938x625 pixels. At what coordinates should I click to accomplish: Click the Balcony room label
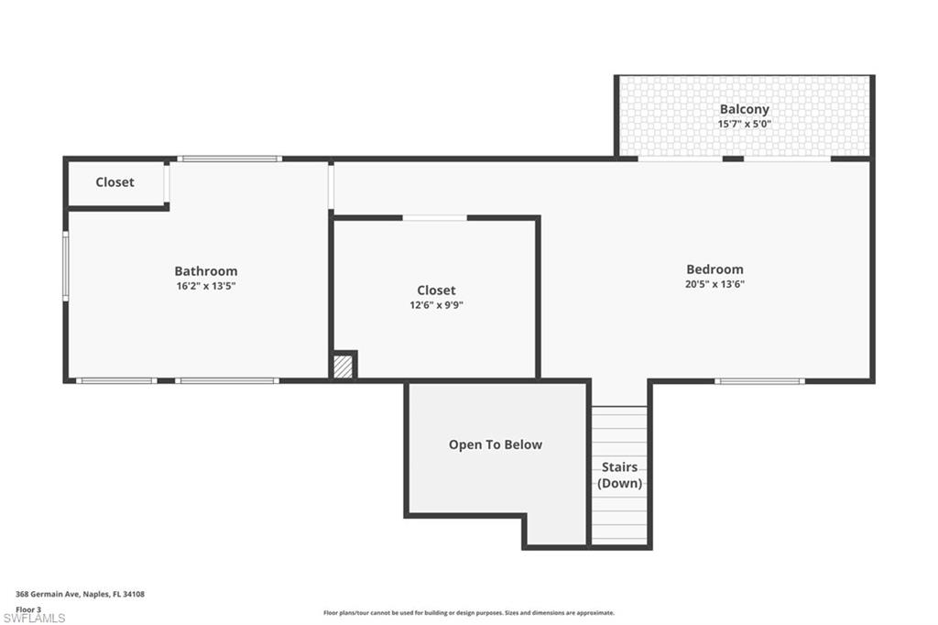(x=744, y=109)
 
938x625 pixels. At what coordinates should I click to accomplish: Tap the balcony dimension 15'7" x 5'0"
(x=744, y=124)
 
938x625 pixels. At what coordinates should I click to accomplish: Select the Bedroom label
(x=714, y=269)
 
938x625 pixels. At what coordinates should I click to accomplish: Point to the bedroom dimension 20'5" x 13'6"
(x=714, y=284)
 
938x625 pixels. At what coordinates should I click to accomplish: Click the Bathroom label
(x=205, y=271)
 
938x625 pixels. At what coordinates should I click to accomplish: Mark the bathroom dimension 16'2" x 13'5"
(x=205, y=286)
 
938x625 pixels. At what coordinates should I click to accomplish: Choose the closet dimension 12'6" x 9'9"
(x=436, y=305)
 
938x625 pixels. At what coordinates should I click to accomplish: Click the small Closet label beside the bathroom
(x=115, y=182)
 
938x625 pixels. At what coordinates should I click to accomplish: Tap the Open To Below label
(x=495, y=444)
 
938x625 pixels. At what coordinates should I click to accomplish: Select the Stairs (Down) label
(x=619, y=475)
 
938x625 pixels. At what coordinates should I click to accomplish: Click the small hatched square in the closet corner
(x=343, y=367)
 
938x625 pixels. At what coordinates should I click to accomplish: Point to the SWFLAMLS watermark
(x=34, y=618)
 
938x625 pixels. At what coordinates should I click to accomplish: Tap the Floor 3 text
(x=28, y=609)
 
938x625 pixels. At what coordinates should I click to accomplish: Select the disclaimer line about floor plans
(x=468, y=613)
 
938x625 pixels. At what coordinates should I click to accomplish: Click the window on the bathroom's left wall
(x=66, y=266)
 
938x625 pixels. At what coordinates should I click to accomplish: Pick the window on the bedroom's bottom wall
(x=759, y=380)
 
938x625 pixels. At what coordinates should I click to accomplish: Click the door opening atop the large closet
(x=434, y=218)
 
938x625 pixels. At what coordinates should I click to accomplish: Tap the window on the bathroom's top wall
(x=229, y=159)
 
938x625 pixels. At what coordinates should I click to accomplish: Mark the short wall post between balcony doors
(x=732, y=159)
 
